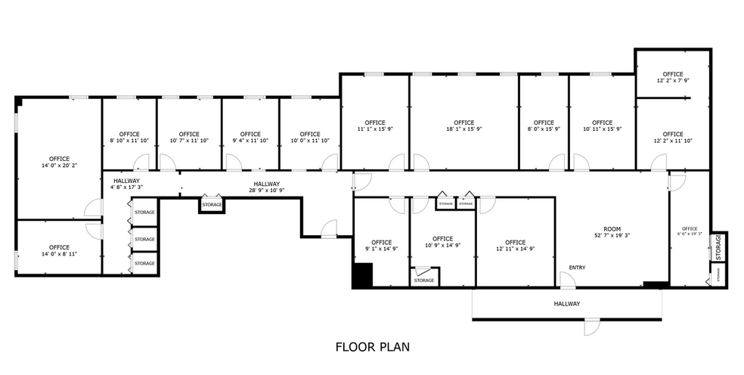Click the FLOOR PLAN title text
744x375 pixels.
coord(372,347)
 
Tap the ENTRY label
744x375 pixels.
coord(577,267)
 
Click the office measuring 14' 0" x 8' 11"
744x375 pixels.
coord(59,250)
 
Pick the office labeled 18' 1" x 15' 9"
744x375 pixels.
coord(463,126)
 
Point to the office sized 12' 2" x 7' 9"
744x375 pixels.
coord(672,78)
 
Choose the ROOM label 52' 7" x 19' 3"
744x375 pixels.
coord(612,233)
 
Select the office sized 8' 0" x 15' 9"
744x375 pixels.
coord(543,126)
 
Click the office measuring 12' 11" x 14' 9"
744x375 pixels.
coord(515,246)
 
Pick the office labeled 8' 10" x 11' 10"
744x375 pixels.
coord(129,137)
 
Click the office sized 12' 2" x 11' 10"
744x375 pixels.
coord(672,138)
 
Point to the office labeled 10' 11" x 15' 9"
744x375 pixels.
coord(602,126)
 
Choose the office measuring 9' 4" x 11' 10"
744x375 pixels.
coord(250,137)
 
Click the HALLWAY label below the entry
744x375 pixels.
coord(566,304)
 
